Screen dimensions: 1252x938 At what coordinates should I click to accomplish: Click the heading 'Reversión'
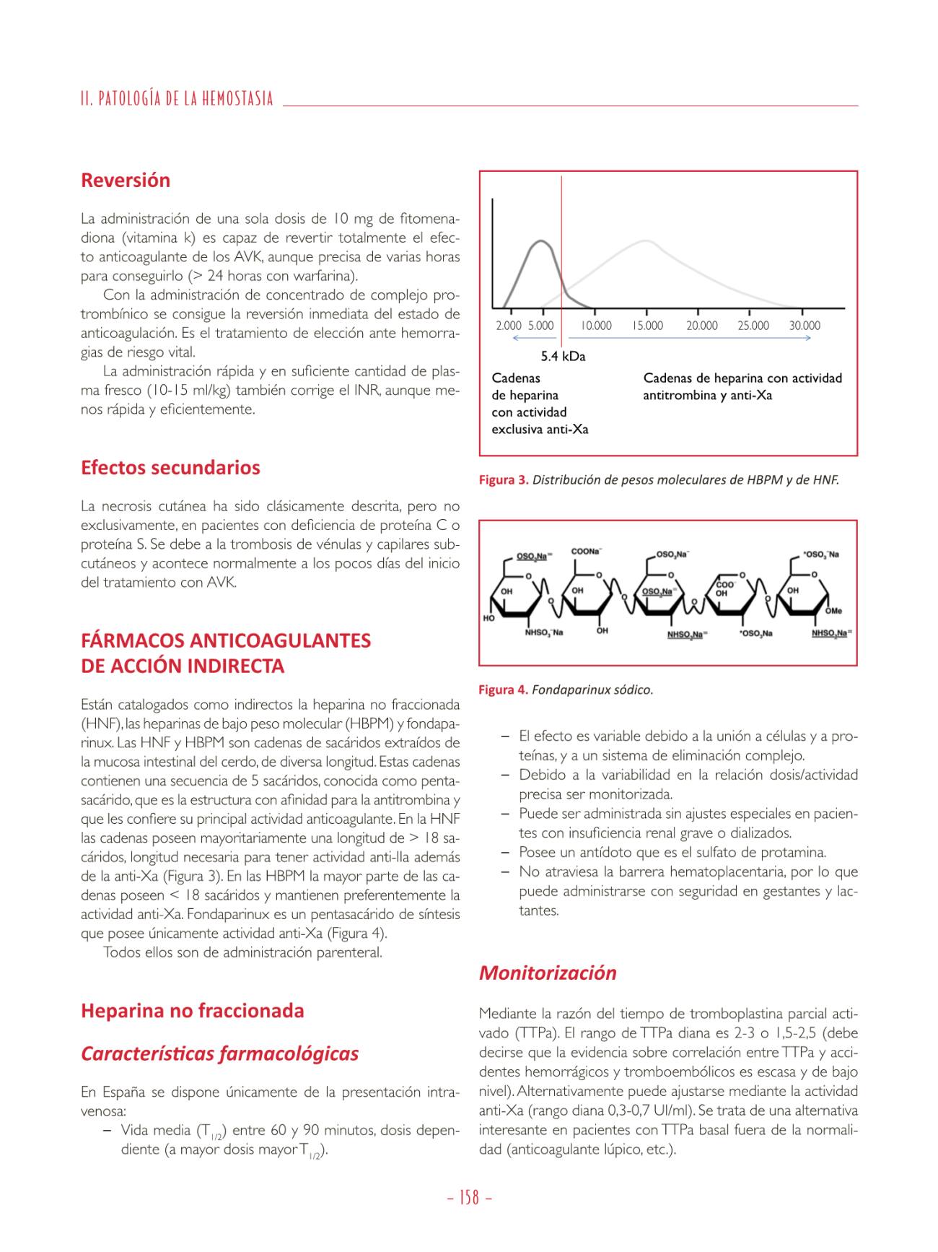point(126,181)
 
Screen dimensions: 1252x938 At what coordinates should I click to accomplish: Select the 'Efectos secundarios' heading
point(170,468)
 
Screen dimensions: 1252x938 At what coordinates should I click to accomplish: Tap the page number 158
point(469,1198)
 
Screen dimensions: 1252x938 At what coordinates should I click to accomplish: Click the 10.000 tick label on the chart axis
point(596,326)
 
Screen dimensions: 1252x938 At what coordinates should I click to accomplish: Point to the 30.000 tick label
point(805,326)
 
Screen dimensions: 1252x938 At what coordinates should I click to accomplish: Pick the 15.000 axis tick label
point(648,326)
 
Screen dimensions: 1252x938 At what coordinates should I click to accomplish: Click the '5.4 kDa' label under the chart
point(564,356)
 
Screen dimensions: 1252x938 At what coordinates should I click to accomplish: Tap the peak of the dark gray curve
point(541,241)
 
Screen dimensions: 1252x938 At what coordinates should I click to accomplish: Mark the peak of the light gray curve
point(646,240)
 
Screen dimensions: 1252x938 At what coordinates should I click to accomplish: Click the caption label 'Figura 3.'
point(504,480)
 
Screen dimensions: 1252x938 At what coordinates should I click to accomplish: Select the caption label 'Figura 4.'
point(504,690)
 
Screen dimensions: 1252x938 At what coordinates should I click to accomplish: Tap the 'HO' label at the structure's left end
point(489,619)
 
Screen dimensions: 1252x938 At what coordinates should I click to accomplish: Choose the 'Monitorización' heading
point(548,973)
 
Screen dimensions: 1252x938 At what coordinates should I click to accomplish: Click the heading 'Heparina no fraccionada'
point(193,1011)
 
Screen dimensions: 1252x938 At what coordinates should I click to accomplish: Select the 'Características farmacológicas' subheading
point(219,1054)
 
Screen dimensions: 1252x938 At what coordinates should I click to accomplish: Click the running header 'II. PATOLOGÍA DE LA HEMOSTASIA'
point(177,98)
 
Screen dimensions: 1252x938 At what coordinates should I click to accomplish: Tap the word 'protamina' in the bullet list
point(796,853)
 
